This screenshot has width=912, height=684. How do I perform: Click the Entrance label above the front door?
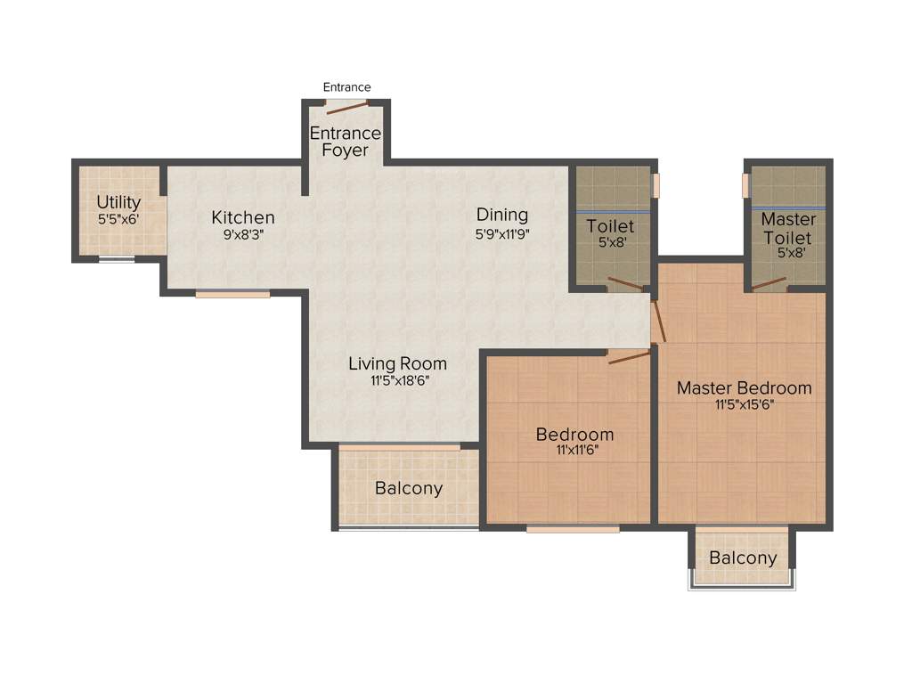tap(346, 87)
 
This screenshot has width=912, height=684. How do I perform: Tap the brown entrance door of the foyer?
tap(346, 108)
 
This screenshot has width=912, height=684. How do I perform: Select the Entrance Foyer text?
tap(345, 142)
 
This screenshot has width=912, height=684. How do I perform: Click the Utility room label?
tap(118, 202)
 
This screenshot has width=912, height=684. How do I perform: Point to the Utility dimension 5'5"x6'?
tap(118, 218)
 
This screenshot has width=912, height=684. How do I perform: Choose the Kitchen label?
tap(242, 217)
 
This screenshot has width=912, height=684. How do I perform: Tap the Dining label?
tap(501, 215)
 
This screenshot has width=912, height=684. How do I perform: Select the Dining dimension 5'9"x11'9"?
tap(502, 233)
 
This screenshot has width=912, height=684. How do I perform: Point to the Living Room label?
tap(397, 363)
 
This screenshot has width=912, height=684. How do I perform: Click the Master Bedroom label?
tap(744, 387)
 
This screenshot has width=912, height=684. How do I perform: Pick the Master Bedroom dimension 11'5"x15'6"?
tap(744, 405)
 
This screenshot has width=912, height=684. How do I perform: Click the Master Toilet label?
tap(787, 229)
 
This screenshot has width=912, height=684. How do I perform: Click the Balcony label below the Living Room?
tap(408, 488)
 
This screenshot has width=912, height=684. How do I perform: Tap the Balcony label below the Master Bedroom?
tap(742, 558)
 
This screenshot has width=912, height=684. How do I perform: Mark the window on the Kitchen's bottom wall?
tap(232, 294)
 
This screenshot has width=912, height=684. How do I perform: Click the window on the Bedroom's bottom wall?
tap(572, 529)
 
